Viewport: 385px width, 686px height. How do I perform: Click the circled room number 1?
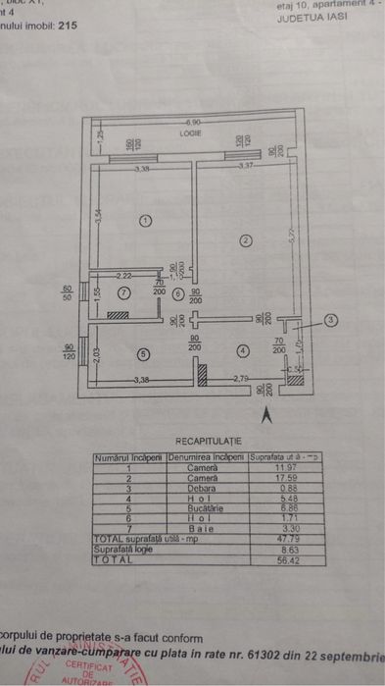click(145, 221)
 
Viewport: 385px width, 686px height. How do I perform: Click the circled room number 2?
click(246, 239)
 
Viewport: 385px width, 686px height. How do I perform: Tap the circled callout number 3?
click(331, 319)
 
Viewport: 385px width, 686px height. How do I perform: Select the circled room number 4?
click(242, 349)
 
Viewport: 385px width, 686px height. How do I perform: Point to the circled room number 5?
click(142, 354)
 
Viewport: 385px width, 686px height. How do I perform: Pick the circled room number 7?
click(123, 292)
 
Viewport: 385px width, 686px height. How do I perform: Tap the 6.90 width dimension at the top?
click(192, 122)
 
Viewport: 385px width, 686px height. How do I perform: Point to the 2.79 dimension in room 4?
click(242, 378)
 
